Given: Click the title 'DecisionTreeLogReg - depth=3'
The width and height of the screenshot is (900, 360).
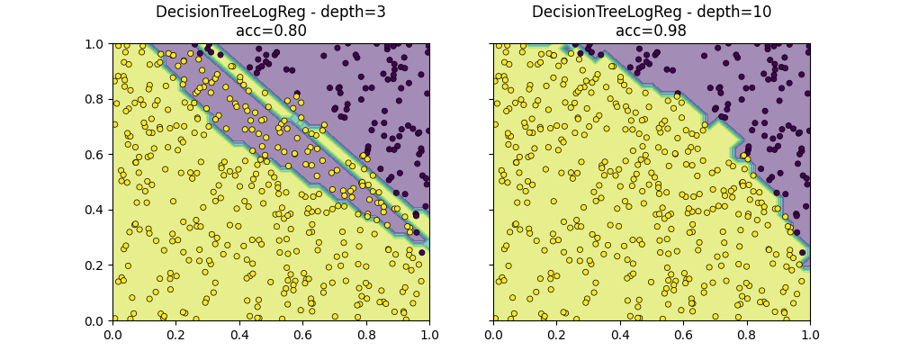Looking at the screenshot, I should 271,13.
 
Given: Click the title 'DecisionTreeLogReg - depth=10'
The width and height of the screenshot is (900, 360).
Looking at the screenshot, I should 651,13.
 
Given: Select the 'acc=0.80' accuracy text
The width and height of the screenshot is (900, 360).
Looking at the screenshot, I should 271,31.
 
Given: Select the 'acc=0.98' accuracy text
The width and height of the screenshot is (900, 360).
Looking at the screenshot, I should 651,31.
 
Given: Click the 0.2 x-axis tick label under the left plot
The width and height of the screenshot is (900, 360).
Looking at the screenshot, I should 175,335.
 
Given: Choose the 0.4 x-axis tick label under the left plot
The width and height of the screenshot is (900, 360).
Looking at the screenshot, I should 239,335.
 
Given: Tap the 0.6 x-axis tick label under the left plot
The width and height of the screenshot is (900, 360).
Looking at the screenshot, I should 302,335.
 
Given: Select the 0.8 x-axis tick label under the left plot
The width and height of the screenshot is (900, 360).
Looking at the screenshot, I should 366,335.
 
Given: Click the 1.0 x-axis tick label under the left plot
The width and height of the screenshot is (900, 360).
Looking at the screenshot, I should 429,335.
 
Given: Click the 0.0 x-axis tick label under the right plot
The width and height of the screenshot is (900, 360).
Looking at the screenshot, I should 493,335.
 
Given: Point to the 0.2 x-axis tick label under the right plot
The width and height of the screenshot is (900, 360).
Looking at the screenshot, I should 556,335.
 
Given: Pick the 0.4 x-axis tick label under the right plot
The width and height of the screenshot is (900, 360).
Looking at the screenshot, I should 620,335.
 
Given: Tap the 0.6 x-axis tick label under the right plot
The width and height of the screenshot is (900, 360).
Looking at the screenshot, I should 683,335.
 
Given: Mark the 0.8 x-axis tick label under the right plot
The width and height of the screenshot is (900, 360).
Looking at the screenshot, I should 747,335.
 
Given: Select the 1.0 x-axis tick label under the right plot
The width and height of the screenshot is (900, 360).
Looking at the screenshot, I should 810,335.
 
